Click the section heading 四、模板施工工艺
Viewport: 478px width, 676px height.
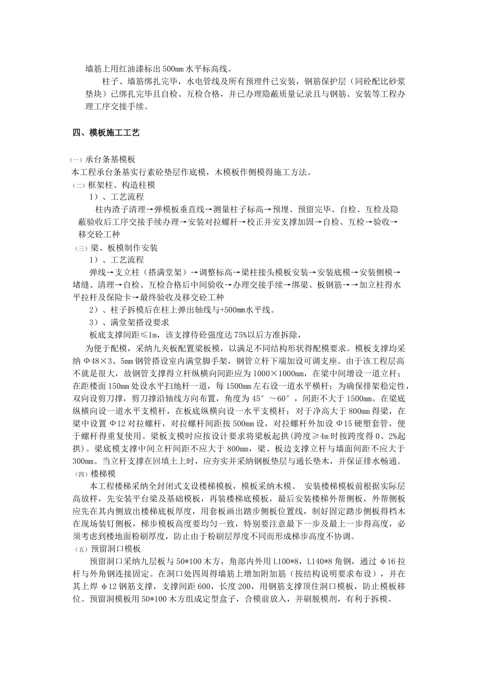tap(106, 133)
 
